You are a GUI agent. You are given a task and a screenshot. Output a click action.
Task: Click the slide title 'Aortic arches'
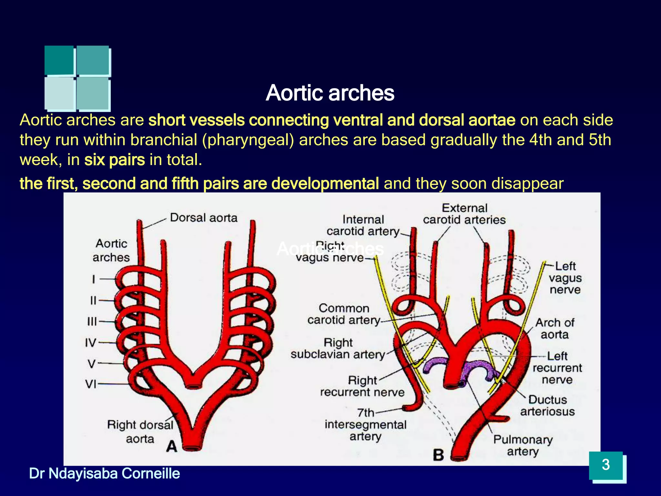[x=330, y=93]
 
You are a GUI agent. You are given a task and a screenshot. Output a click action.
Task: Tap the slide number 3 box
[x=606, y=465]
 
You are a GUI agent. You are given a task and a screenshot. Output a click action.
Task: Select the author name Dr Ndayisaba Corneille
[x=105, y=473]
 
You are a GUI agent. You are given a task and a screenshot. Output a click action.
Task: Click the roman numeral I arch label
[x=94, y=279]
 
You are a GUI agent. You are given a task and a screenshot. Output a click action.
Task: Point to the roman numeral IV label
[x=91, y=342]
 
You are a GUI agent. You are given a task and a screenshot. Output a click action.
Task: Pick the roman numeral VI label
[x=91, y=384]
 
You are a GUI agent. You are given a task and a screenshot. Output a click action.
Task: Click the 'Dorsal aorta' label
[x=204, y=218]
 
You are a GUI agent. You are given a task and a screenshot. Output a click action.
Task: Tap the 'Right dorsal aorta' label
[x=140, y=432]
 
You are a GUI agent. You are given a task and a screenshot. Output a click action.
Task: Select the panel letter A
[x=172, y=447]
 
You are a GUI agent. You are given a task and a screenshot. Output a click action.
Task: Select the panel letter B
[x=439, y=455]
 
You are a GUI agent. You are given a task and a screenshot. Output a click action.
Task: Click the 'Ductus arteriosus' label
[x=547, y=406]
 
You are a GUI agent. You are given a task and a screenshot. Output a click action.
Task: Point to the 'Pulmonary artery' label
[x=523, y=445]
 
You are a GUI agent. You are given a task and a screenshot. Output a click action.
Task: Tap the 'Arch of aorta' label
[x=555, y=328]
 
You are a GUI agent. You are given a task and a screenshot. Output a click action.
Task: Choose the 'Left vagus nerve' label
[x=565, y=278]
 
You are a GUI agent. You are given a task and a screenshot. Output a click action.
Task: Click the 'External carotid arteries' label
[x=464, y=214]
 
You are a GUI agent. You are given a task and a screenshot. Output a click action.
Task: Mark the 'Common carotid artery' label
[x=344, y=314]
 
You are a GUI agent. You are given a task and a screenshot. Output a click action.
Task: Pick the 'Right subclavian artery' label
[x=338, y=348]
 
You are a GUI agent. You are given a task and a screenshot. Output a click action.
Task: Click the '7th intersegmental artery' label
[x=365, y=424]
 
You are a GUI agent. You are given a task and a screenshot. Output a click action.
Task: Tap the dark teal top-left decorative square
[x=59, y=60]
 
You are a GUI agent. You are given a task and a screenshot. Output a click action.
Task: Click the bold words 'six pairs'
[x=115, y=160]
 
